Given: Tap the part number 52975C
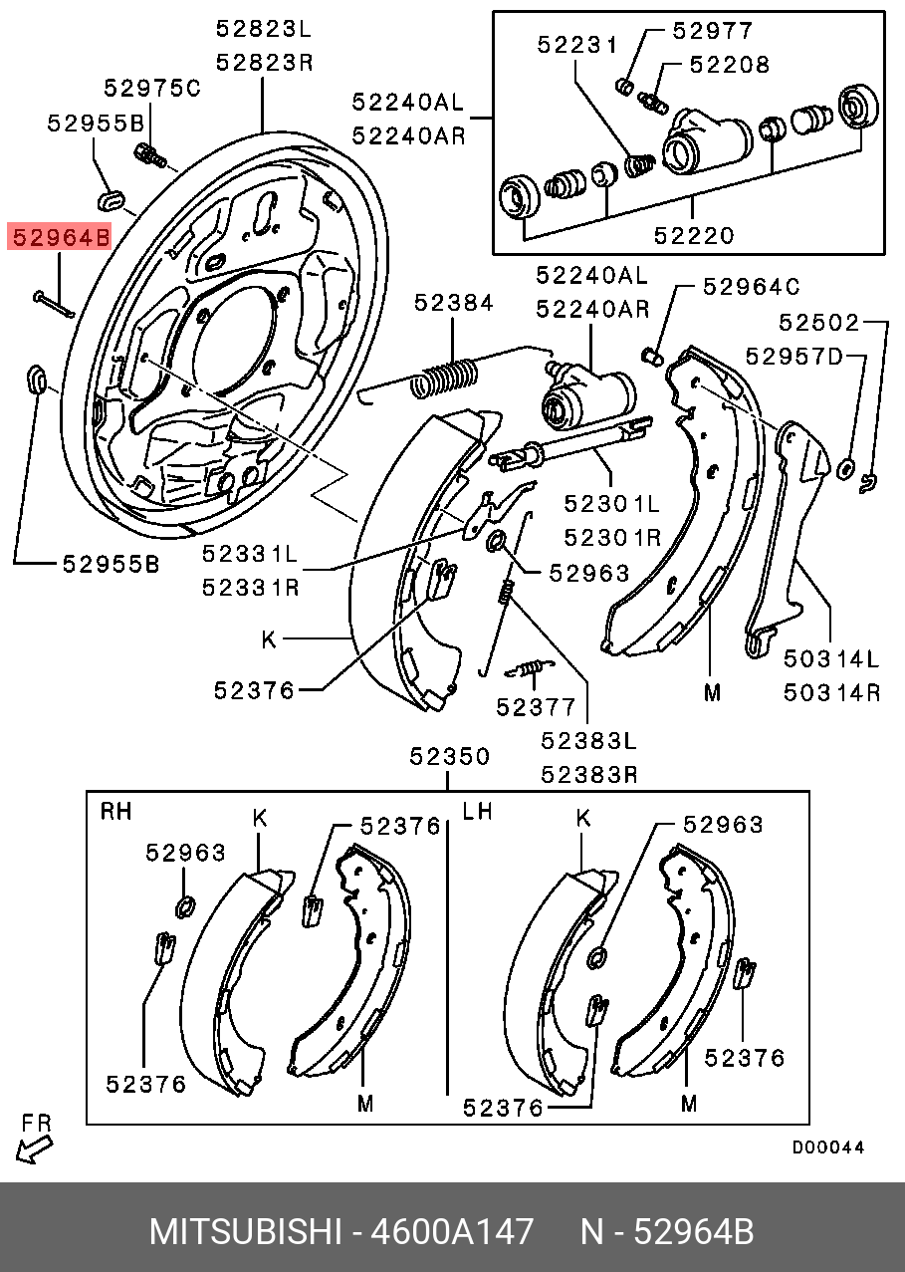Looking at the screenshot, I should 152,89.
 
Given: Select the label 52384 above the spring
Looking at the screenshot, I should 454,303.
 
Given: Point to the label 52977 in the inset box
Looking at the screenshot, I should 713,30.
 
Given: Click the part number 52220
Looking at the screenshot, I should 694,236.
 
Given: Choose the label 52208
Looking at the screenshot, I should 731,65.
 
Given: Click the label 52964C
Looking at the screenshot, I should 751,287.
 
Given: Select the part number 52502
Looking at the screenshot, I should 818,323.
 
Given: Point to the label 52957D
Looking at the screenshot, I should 794,357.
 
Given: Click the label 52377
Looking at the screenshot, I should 537,707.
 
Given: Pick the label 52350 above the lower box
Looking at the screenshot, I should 450,757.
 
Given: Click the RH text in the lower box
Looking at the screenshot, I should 116,812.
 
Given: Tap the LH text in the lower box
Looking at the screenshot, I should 478,812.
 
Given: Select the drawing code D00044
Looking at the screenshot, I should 827,1147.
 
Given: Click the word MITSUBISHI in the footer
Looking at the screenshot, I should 245,1232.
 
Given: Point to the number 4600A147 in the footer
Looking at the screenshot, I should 451,1232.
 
